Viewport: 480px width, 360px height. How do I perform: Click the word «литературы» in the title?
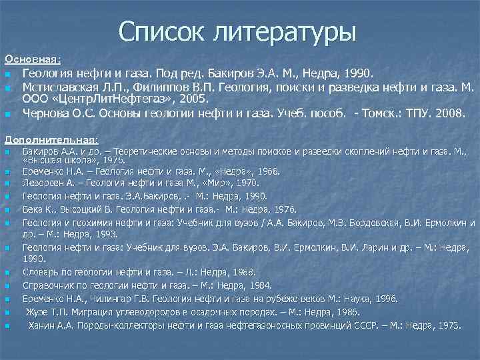pos(287,31)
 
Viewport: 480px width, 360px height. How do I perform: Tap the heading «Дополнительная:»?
pos(51,140)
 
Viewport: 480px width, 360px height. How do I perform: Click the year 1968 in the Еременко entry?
pos(265,171)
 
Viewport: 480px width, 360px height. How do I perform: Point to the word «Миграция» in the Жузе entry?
pos(90,312)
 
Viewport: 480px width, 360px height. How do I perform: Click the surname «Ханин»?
pos(41,325)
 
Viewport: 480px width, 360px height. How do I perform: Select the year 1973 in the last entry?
pos(446,325)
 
